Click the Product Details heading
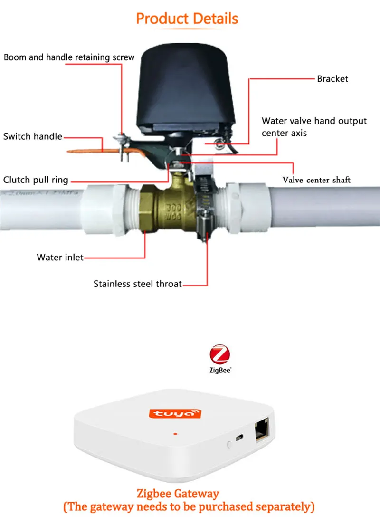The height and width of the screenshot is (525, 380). (x=187, y=19)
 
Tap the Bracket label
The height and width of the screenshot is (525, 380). (x=332, y=79)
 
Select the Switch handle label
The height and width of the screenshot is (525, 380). (x=32, y=137)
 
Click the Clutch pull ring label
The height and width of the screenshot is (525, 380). (x=36, y=180)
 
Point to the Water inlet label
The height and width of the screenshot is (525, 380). (x=60, y=258)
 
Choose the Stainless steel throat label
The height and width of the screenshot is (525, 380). (x=137, y=284)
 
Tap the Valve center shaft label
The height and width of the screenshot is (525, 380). (x=316, y=180)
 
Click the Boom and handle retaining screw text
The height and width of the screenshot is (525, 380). (x=69, y=57)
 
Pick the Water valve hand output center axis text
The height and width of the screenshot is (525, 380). (x=314, y=127)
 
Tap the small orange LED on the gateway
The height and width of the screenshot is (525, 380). (x=175, y=434)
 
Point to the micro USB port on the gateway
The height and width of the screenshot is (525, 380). (x=240, y=438)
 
